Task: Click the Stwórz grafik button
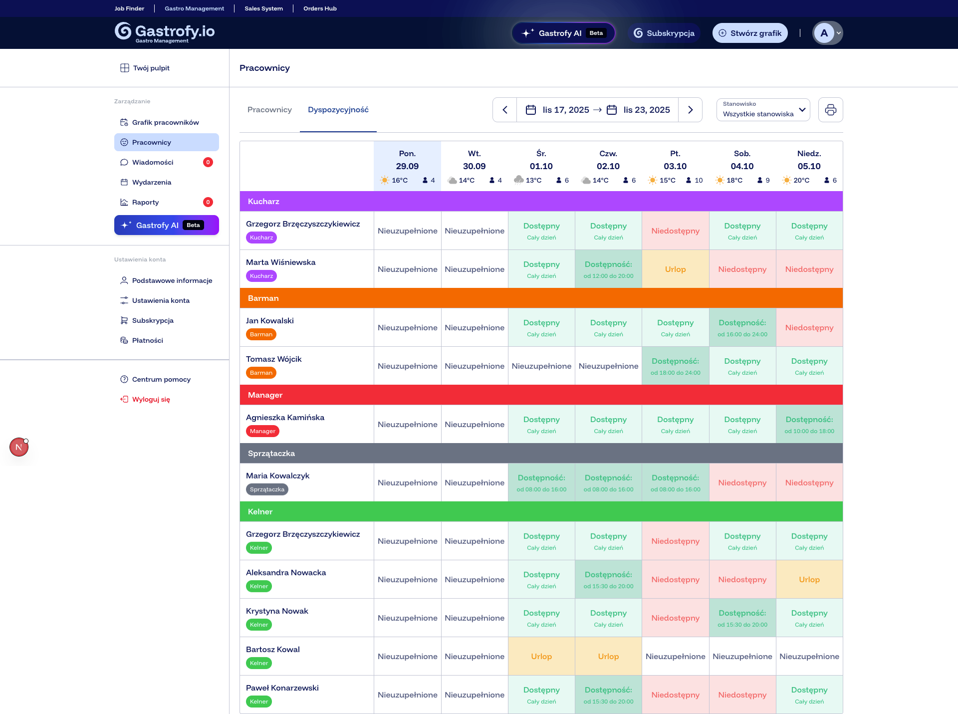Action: coord(750,33)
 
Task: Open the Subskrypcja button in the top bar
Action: coord(664,33)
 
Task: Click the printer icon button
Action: coord(830,110)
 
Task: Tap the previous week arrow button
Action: coord(505,110)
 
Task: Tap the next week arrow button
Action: coord(690,110)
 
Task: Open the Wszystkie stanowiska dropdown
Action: coord(763,110)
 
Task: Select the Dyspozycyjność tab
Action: coord(338,110)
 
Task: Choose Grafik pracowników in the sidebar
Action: coord(165,122)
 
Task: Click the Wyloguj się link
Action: coord(151,399)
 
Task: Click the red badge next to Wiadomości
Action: coord(208,162)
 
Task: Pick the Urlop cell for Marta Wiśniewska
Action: coord(675,269)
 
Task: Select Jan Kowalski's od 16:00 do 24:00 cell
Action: coord(742,328)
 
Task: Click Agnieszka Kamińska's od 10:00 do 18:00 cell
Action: coord(809,425)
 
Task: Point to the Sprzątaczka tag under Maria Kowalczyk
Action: coord(267,489)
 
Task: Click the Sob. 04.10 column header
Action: coord(742,160)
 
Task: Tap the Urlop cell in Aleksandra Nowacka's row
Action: coord(809,580)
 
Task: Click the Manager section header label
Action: coord(265,395)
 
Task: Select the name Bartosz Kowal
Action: coord(273,650)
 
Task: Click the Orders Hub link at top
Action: coord(320,8)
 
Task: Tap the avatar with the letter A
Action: coord(824,33)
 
